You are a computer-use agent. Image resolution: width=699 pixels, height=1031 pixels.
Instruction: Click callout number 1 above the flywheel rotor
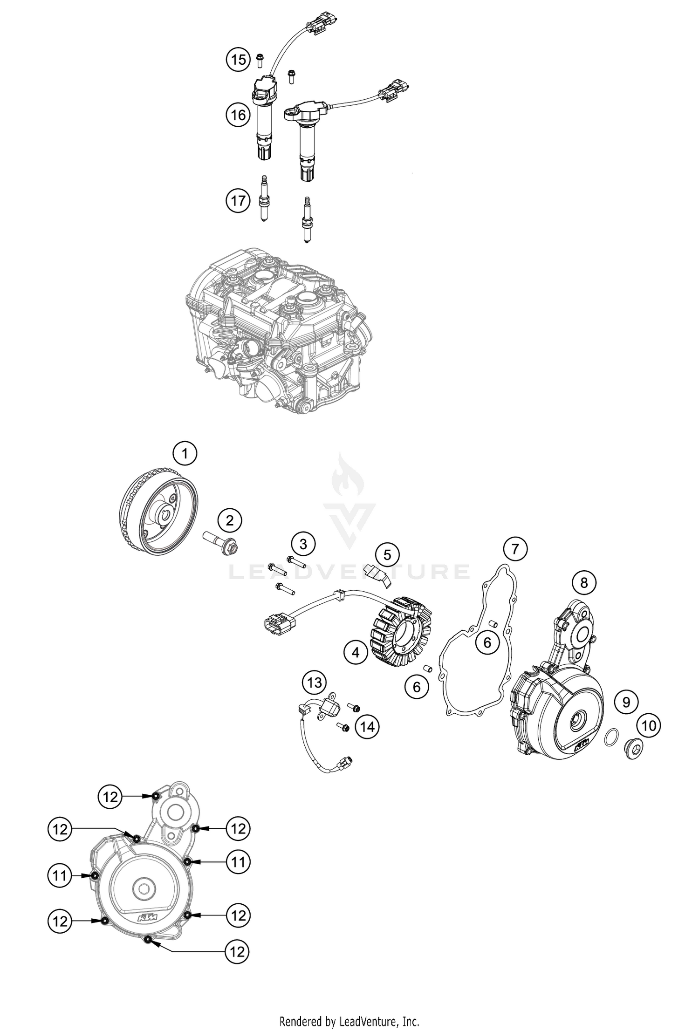tap(185, 453)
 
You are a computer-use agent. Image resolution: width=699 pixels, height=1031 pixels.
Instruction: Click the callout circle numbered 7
tap(515, 549)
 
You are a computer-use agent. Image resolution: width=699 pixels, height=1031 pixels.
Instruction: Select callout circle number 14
tap(367, 726)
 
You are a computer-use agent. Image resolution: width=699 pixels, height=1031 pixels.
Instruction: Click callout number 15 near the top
tap(238, 60)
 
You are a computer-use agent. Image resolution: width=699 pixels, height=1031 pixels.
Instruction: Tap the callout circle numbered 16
tap(238, 114)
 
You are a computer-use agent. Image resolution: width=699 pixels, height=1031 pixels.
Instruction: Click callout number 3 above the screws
tap(303, 544)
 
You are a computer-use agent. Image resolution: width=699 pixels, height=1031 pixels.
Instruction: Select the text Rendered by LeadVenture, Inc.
tap(349, 1018)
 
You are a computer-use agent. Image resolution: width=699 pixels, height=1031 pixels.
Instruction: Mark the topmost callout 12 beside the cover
tap(110, 797)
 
